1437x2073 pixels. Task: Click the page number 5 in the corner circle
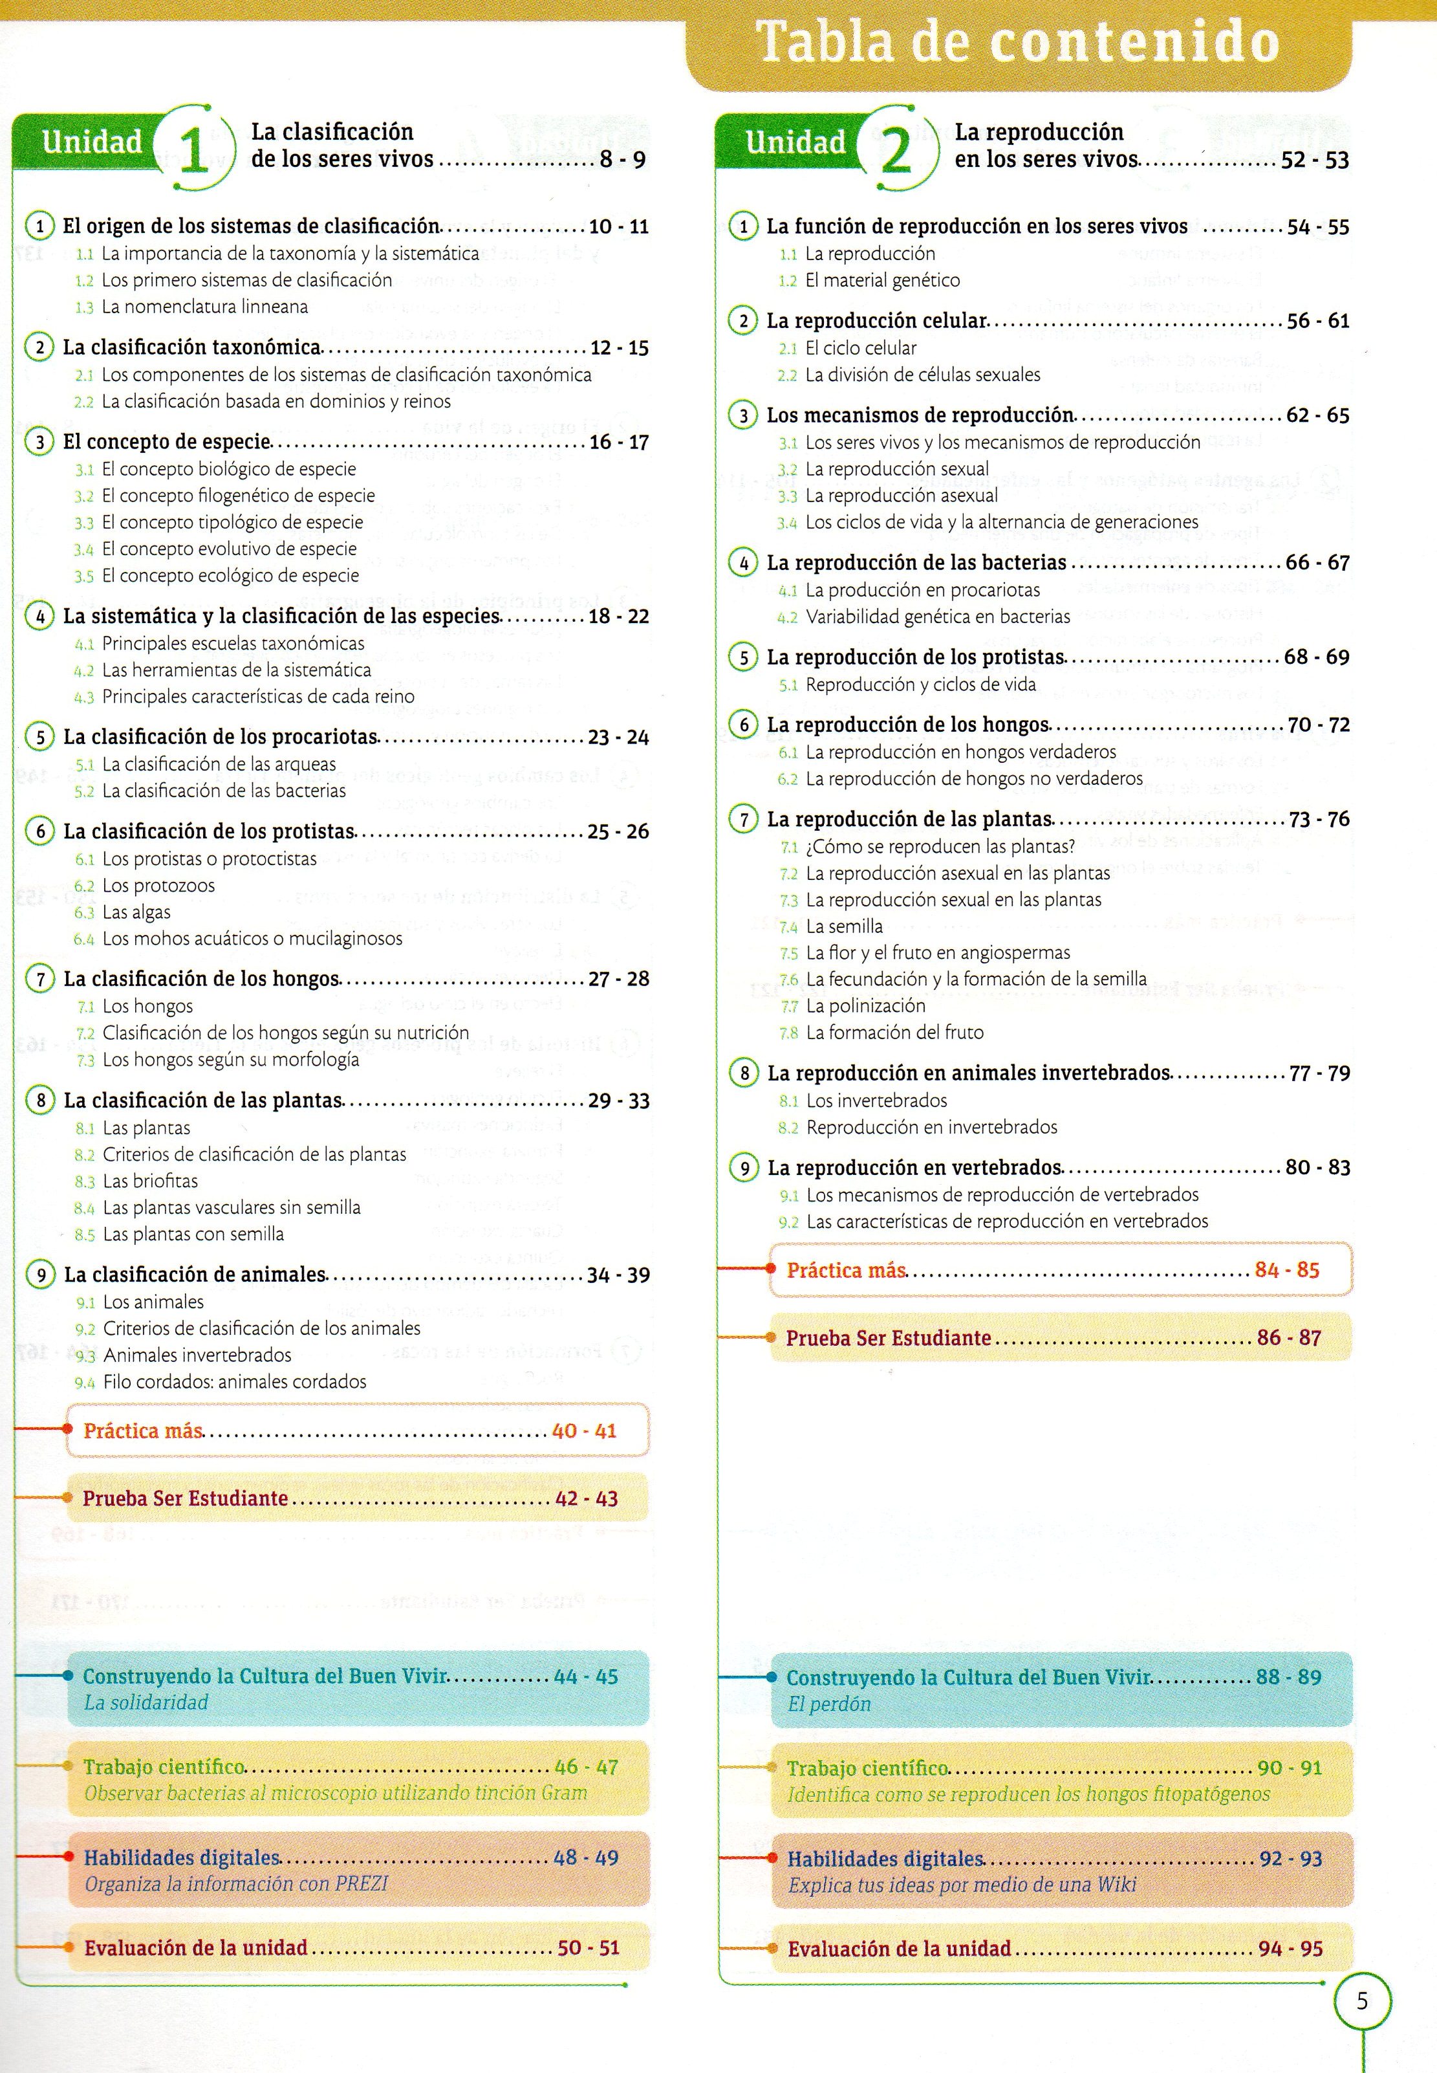pyautogui.click(x=1361, y=2001)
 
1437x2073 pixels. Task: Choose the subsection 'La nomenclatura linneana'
pyautogui.click(x=204, y=307)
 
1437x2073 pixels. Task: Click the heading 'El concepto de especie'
pyautogui.click(x=167, y=442)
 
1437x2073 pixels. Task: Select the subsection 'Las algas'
pyautogui.click(x=136, y=912)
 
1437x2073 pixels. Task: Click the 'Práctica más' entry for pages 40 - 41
pyautogui.click(x=143, y=1431)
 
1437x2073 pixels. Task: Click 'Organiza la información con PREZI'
pyautogui.click(x=236, y=1884)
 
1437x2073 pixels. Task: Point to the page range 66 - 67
pyautogui.click(x=1317, y=563)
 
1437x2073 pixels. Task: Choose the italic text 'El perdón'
pyautogui.click(x=828, y=1704)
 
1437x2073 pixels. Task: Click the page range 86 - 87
pyautogui.click(x=1288, y=1338)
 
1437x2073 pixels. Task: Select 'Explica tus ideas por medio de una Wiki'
pyautogui.click(x=961, y=1885)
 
